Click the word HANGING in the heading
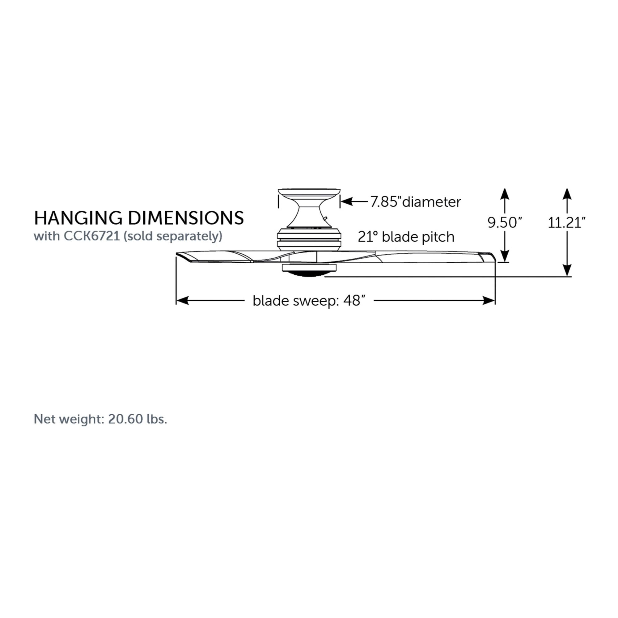[78, 218]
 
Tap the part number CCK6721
[91, 236]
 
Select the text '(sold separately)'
[173, 236]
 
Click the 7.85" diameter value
[385, 202]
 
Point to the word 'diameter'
[431, 202]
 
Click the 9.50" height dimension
[505, 222]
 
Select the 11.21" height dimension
[566, 222]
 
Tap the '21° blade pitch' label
[406, 237]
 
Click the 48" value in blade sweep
[354, 301]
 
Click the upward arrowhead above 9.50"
[505, 194]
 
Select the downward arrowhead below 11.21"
[567, 271]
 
